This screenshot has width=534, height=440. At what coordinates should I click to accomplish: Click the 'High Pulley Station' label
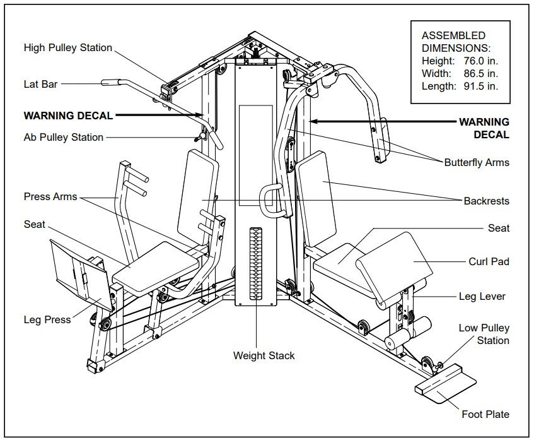point(67,48)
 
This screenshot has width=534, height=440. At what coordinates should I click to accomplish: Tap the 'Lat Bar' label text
point(40,84)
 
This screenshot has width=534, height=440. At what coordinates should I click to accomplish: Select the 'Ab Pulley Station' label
point(63,137)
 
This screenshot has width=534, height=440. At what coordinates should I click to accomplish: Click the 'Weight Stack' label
point(264,355)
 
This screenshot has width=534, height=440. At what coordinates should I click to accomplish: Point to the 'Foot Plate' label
point(485,414)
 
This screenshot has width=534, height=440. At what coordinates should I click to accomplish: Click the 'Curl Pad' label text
point(489,261)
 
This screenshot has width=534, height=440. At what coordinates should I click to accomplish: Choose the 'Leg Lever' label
point(482,296)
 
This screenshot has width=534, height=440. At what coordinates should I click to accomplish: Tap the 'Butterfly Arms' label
point(476,162)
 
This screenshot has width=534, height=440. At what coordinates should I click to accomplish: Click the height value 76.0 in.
point(480,61)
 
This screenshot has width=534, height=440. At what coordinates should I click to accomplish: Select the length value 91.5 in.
point(480,86)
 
